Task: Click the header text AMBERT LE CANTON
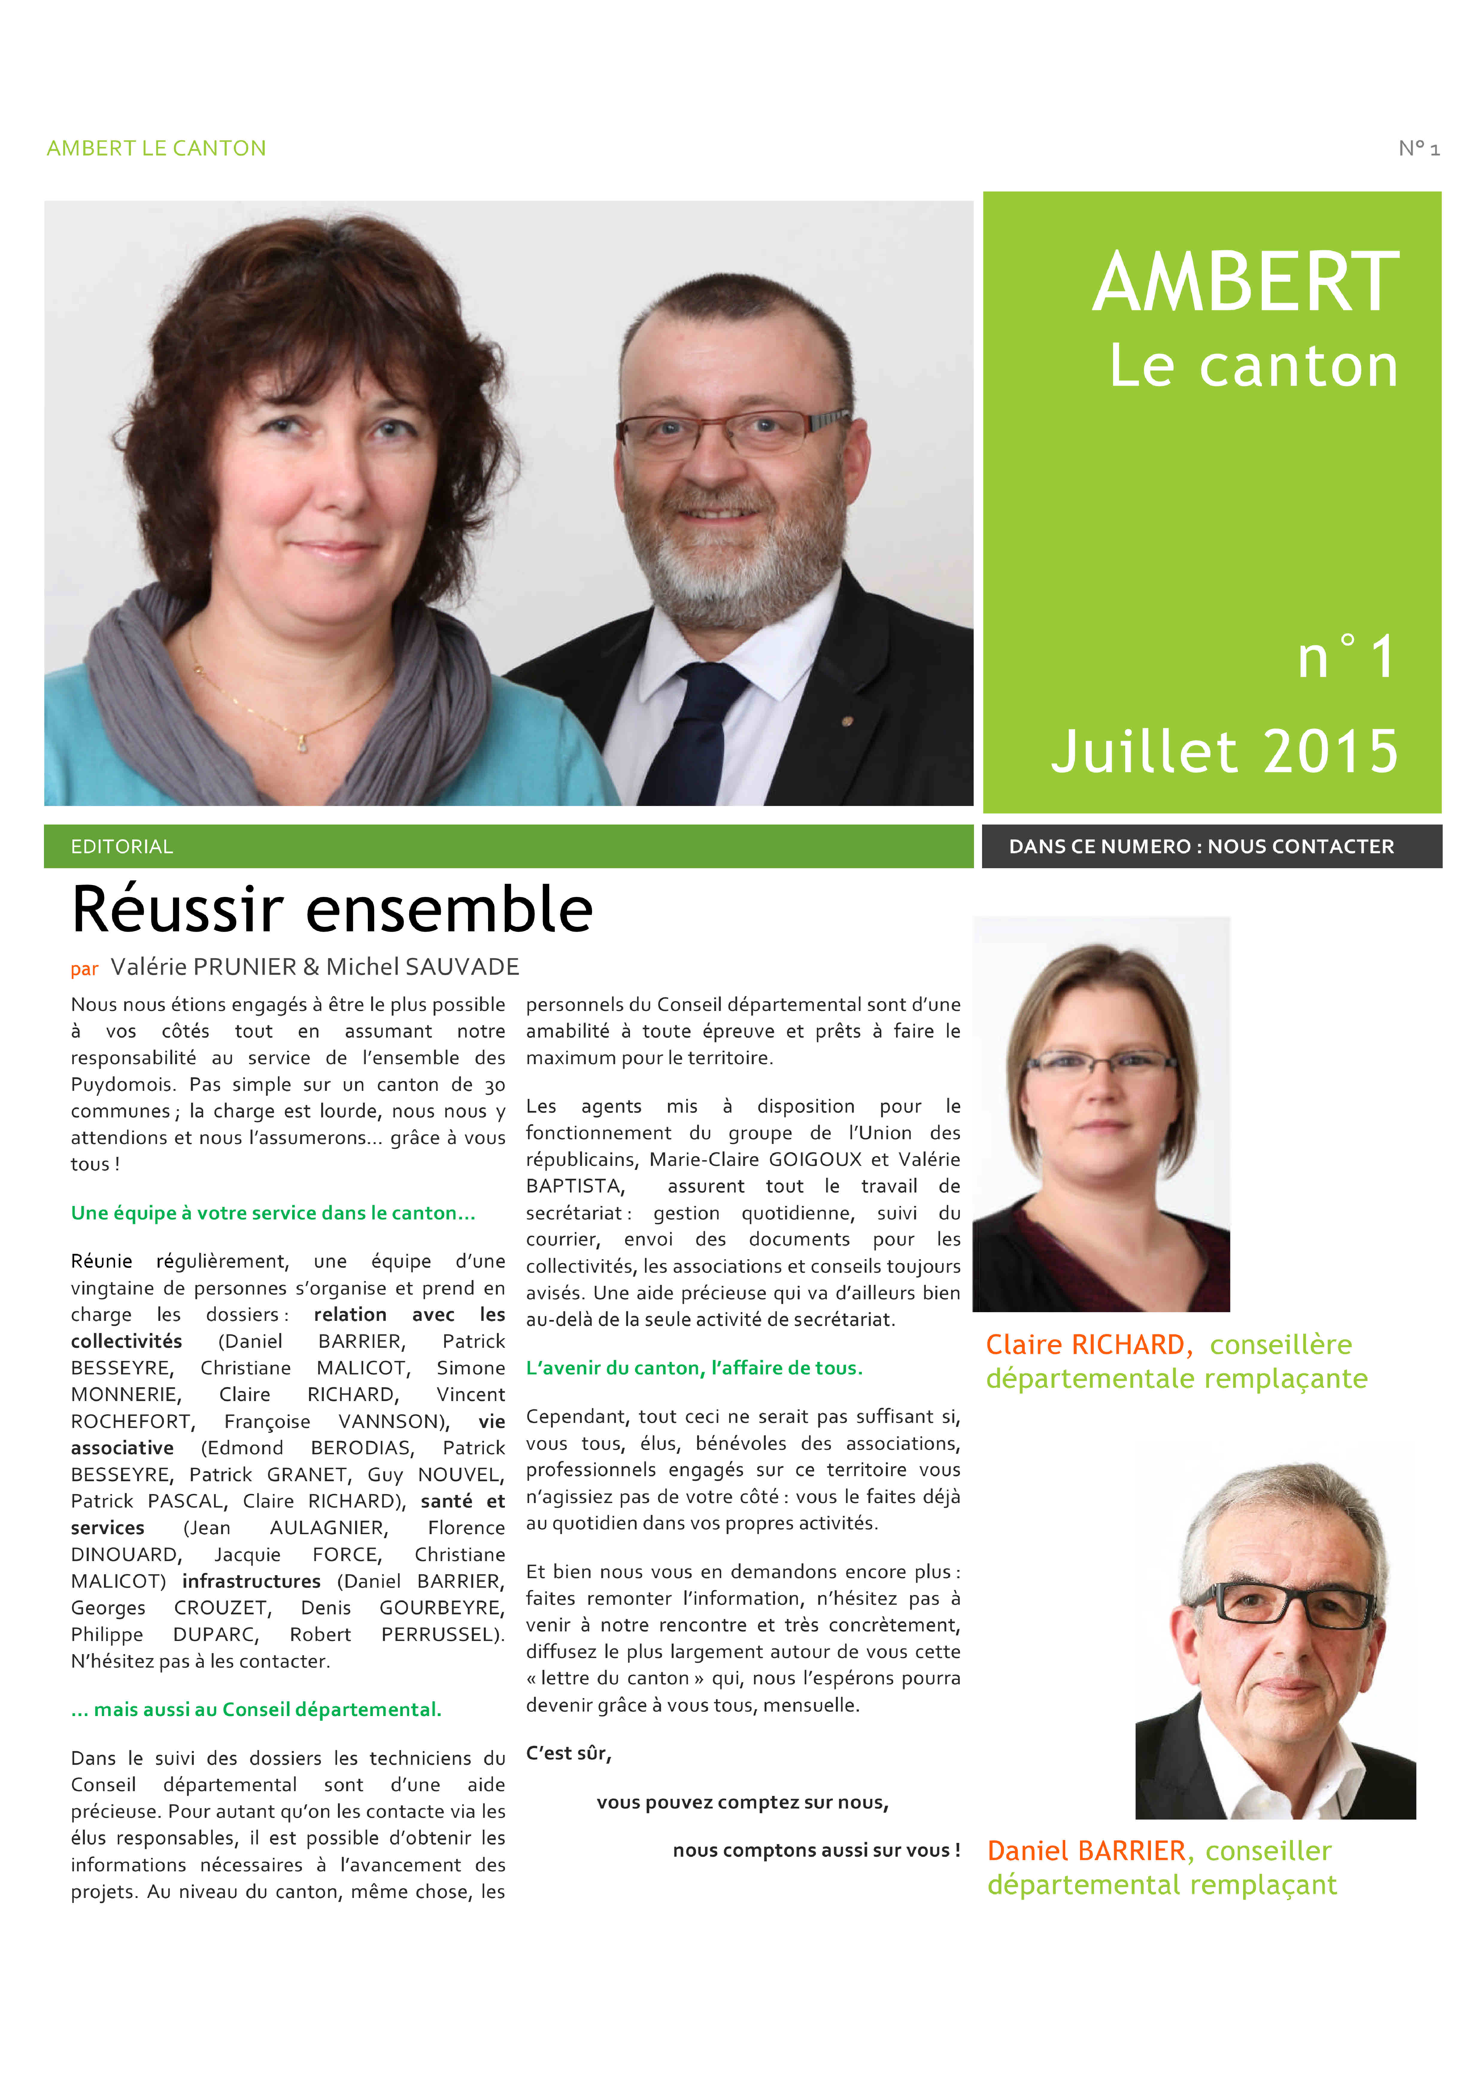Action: [x=156, y=148]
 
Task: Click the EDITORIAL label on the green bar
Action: [x=122, y=847]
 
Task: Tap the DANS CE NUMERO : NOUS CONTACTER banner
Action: [x=1201, y=847]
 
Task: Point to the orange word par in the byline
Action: [x=84, y=969]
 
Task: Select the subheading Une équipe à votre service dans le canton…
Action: [x=272, y=1213]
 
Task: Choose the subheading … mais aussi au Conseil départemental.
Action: [x=256, y=1709]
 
